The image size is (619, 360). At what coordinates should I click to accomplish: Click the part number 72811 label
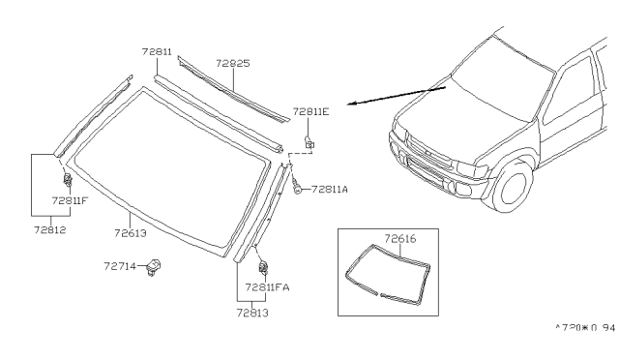(157, 51)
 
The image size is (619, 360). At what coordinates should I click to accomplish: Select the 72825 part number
(233, 63)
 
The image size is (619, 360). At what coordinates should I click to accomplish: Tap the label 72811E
(310, 112)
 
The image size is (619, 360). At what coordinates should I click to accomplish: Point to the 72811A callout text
(330, 190)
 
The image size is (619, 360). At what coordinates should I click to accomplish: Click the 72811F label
(70, 200)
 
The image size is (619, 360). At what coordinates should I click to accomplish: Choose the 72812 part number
(49, 230)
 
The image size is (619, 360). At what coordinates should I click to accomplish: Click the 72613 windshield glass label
(131, 233)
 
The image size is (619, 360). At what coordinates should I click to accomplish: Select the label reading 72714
(120, 266)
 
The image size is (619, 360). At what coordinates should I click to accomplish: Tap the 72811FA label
(267, 287)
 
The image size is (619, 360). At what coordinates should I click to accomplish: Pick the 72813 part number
(252, 313)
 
